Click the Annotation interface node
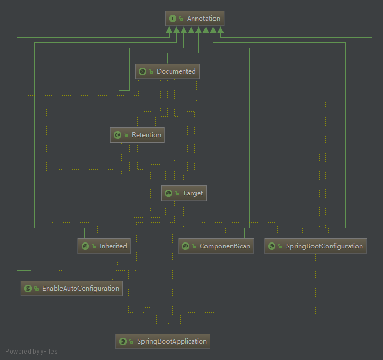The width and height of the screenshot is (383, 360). pos(194,19)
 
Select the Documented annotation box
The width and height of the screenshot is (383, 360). pos(167,71)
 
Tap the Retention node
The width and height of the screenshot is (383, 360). pos(137,135)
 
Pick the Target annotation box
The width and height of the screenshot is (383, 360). pos(183,193)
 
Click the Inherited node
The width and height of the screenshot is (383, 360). pos(103,246)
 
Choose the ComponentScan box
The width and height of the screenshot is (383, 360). pos(216,246)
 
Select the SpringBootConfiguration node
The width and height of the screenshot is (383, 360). pos(315,246)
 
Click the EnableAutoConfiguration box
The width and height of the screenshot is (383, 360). pos(72,289)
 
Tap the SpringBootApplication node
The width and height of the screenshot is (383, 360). pos(163,341)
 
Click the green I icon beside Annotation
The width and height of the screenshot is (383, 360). pos(172,19)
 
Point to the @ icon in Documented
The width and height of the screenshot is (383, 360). pos(142,71)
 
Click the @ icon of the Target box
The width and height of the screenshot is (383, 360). pos(168,193)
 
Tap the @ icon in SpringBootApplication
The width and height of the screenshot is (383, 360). pos(122,341)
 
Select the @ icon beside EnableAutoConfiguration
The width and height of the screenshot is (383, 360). pos(28,289)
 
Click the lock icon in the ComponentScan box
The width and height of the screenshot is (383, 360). pos(194,247)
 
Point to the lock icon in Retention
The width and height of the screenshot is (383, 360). pos(126,136)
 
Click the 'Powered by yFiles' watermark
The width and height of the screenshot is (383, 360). pos(31,351)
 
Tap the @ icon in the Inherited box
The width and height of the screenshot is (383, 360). pos(85,246)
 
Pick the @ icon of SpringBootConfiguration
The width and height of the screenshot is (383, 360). pos(272,246)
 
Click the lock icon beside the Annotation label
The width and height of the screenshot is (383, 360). pos(181,19)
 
